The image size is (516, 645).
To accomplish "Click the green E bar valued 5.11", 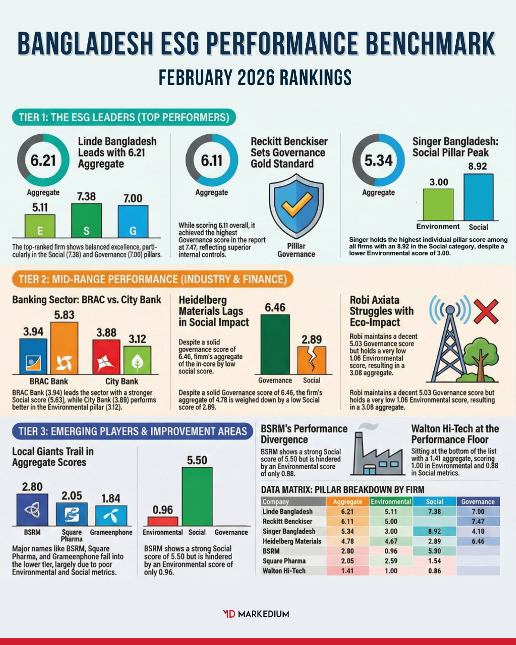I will [x=40, y=226].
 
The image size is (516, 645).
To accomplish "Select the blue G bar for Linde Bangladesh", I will [x=133, y=221].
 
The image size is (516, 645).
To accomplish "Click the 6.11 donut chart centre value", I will [x=212, y=161].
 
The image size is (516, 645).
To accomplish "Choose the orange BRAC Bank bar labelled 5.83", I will [x=64, y=348].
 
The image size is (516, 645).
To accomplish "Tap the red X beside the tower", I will [x=485, y=312].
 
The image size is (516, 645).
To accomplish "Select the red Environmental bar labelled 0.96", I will [x=162, y=521].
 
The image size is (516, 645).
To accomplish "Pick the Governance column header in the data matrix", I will [x=478, y=502].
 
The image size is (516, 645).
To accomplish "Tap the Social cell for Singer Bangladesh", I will [x=434, y=531].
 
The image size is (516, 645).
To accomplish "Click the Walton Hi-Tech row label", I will [x=284, y=571].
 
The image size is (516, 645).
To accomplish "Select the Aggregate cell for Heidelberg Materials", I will [x=347, y=541].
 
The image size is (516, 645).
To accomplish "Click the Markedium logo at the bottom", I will [x=256, y=614].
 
